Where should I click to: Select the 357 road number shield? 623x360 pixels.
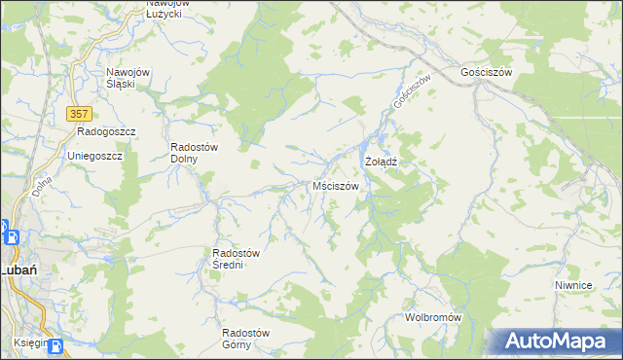(80, 114)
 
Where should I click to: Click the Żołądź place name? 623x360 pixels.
(383, 161)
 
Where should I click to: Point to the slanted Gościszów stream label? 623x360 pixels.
(411, 90)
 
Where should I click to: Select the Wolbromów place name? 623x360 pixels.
(432, 318)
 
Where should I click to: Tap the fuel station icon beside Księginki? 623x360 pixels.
(55, 345)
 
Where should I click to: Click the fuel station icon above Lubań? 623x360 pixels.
(4, 234)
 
